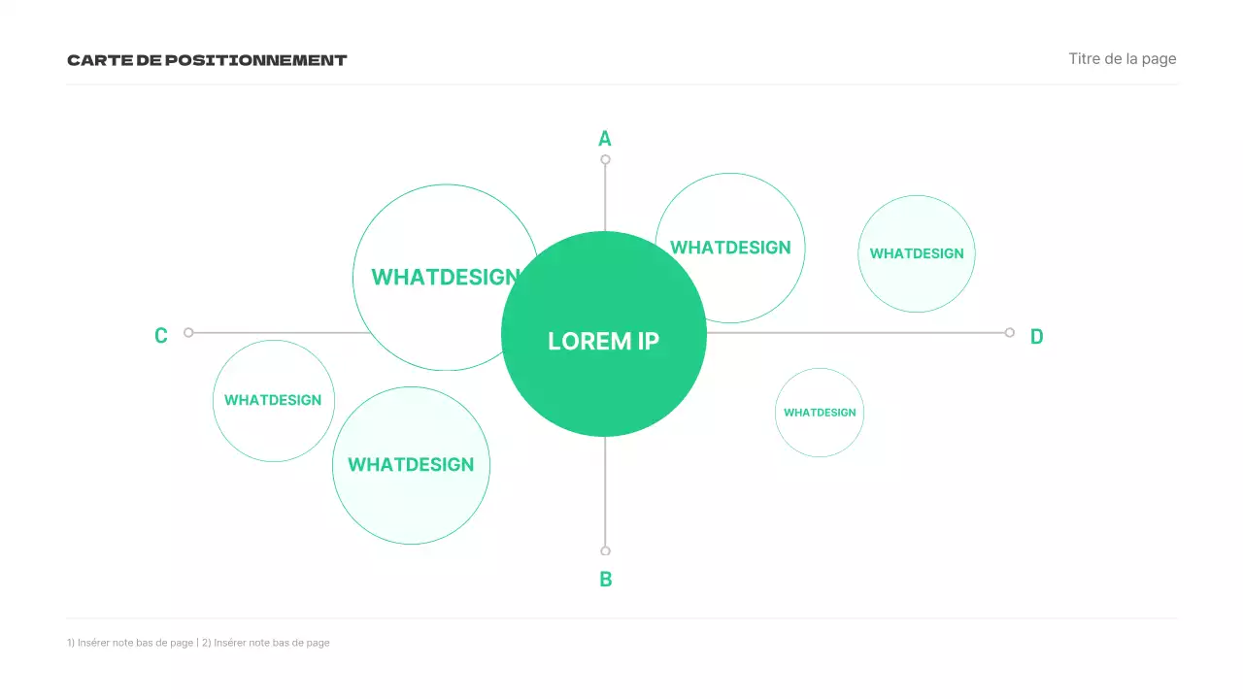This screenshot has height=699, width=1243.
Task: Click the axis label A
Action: coord(605,139)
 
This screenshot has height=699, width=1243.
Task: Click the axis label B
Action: coord(606,580)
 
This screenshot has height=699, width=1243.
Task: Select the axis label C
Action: coord(161,336)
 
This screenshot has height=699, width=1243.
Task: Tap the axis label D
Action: coord(1036,336)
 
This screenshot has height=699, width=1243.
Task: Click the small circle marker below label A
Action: coord(605,159)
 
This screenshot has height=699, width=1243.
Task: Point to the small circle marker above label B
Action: coord(605,551)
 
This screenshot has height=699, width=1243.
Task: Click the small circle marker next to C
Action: coord(188,332)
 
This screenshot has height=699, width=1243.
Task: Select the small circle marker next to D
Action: coord(1010,332)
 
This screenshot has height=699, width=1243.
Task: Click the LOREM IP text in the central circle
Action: coord(603,341)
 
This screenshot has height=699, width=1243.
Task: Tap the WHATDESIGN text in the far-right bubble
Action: coord(917,253)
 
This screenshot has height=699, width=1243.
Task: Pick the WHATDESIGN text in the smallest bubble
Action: coord(820,413)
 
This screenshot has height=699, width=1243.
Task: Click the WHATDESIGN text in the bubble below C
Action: coord(273,400)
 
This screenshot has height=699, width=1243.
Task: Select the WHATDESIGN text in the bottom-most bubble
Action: coord(411,465)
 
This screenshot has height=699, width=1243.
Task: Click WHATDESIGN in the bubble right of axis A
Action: coord(730,248)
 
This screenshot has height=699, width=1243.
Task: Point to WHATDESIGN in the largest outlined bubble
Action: coord(444,277)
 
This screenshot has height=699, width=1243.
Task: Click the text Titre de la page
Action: coord(1122,59)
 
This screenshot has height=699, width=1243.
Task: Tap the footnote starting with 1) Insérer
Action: coord(130,643)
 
